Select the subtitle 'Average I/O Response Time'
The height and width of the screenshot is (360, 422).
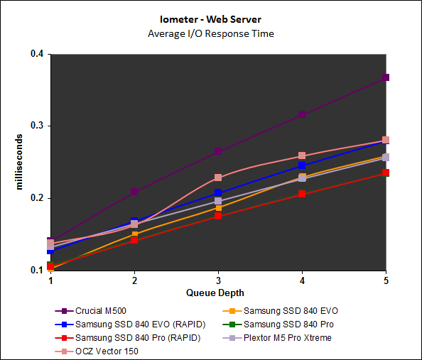coord(210,33)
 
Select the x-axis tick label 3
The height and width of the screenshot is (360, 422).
coord(218,280)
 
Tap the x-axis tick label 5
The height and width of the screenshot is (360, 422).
coord(386,280)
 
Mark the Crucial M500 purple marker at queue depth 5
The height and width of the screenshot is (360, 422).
coord(386,77)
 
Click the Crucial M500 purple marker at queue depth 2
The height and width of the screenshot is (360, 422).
coord(134,192)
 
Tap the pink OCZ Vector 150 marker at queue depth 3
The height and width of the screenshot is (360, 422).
coord(218,178)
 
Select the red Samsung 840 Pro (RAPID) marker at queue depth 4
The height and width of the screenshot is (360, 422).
coord(302,193)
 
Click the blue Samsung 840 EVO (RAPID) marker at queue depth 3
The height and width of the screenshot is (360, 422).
coord(218,192)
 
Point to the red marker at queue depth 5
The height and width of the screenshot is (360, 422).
coord(386,173)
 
